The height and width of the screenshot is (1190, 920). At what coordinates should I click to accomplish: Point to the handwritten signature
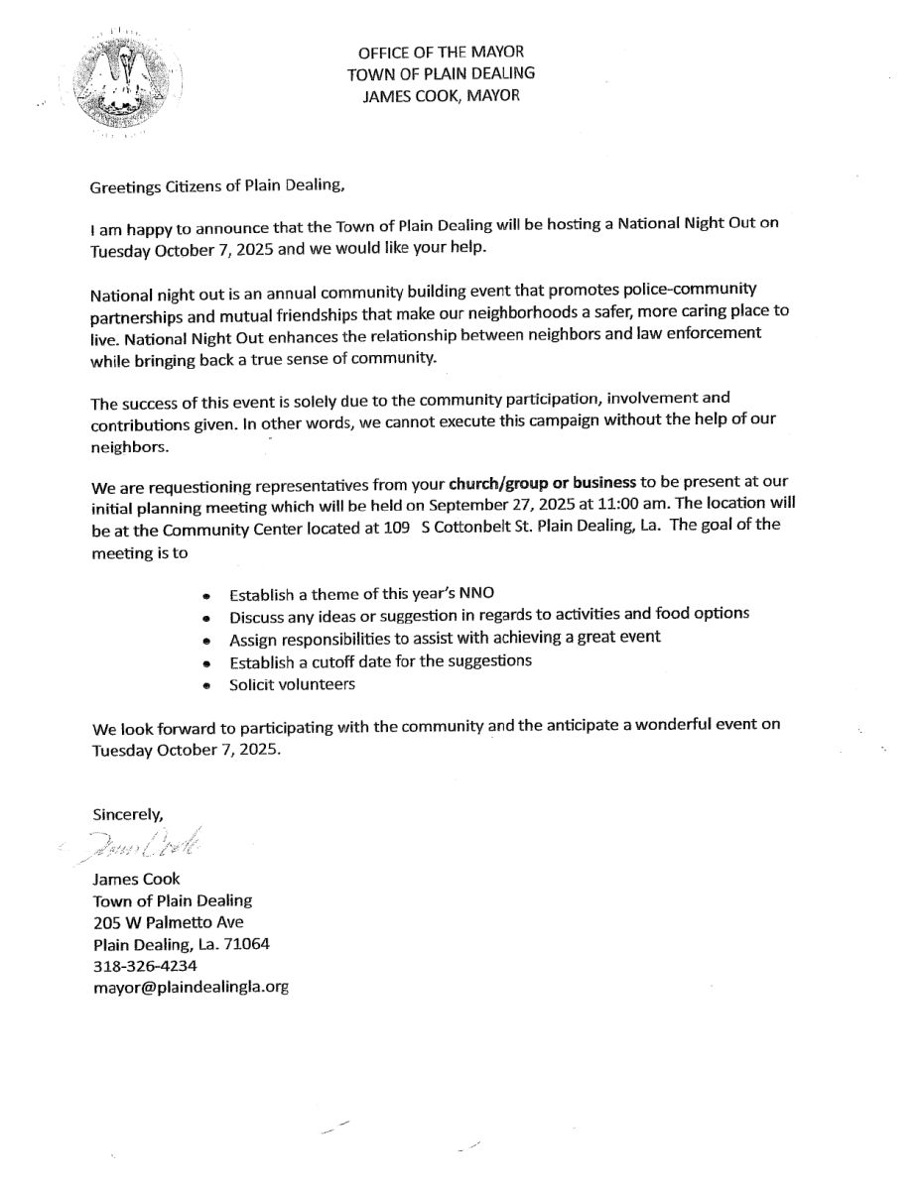click(149, 844)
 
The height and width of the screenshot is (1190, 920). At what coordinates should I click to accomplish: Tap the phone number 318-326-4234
click(145, 966)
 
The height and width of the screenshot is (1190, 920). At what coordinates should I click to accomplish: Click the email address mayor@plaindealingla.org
click(191, 988)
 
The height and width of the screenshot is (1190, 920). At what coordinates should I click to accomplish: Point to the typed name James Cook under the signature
click(136, 879)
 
